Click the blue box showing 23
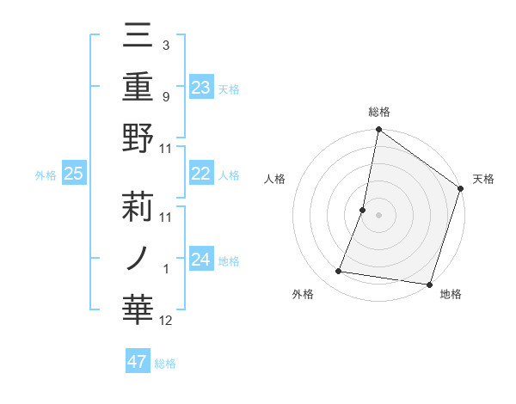201,87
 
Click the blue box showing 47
138,362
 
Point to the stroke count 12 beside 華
166,321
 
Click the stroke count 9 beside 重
166,97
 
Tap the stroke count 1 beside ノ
166,269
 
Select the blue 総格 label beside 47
165,364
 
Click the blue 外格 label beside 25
46,175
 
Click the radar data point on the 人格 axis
363,210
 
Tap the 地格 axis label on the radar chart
451,295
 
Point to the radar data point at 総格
378,131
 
